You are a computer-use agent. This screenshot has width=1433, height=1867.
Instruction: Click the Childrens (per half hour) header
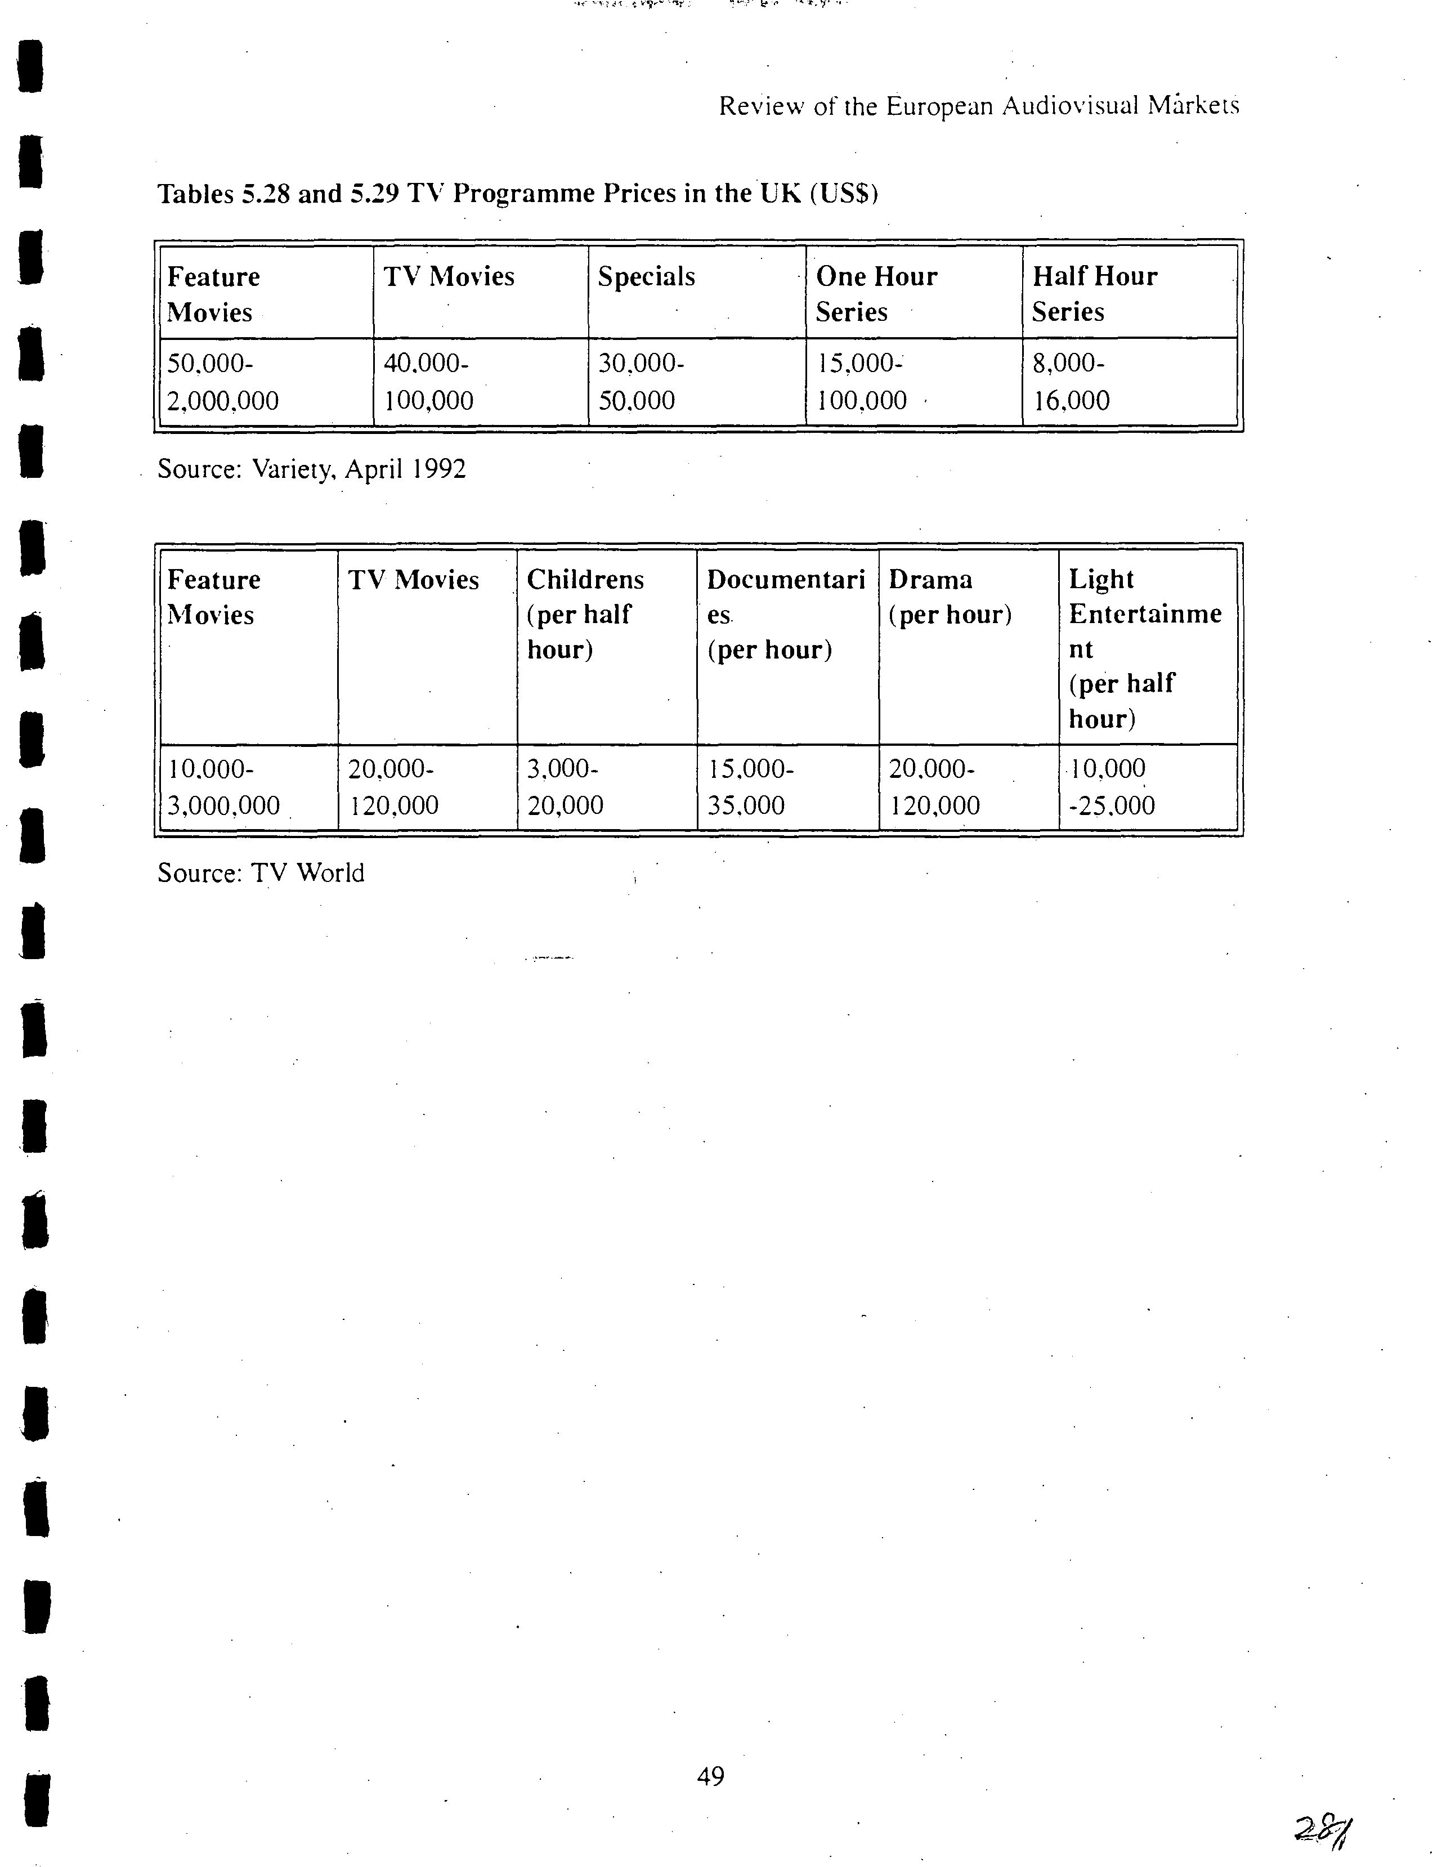tap(585, 614)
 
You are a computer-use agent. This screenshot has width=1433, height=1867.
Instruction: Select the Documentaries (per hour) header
tap(785, 614)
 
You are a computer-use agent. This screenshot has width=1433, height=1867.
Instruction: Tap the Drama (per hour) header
tap(950, 597)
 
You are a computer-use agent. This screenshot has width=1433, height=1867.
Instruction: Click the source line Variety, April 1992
tap(311, 469)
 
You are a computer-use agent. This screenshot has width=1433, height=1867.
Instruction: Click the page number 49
tap(710, 1776)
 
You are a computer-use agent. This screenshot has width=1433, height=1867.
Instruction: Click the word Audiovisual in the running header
tap(1069, 106)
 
